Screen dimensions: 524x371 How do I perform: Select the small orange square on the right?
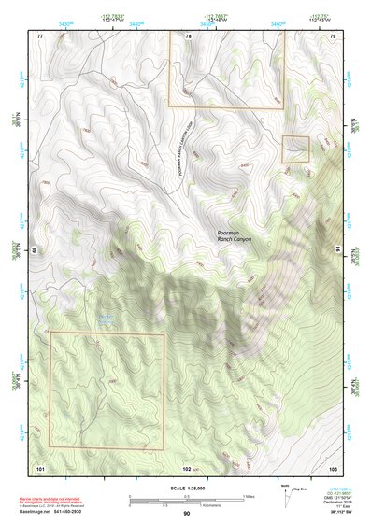[295, 149]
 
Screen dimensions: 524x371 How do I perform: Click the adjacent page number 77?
[41, 35]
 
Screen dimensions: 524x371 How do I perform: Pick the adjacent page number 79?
[332, 35]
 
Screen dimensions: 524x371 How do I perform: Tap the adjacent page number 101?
[40, 466]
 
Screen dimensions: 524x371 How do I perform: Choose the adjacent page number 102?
[188, 466]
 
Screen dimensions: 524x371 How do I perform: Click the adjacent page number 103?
[332, 466]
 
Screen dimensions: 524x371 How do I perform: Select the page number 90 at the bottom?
[187, 513]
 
